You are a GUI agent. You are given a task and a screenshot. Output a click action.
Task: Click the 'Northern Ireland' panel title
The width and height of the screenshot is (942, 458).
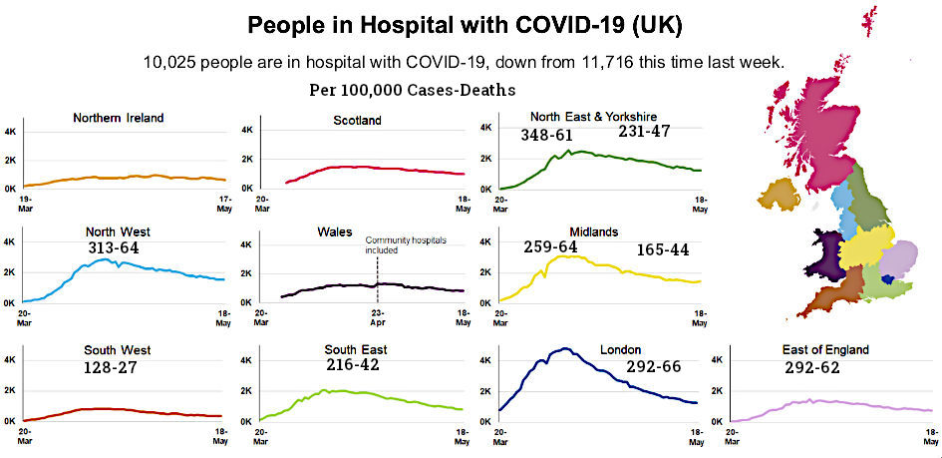tap(119, 118)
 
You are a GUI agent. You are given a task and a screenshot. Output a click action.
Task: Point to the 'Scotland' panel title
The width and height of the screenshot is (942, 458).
tap(356, 121)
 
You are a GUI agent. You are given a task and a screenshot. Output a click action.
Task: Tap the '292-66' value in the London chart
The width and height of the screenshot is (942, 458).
tap(653, 367)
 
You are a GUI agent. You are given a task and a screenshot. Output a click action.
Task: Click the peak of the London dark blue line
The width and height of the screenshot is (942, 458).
tap(565, 348)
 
